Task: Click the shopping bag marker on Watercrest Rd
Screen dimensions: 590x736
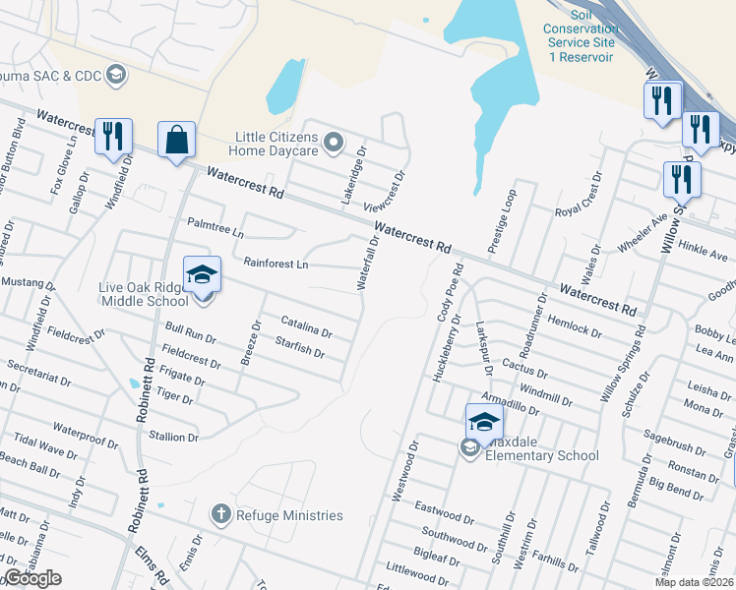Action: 176,140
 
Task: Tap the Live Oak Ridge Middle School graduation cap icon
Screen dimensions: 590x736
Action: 201,273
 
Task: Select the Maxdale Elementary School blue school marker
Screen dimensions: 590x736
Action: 484,422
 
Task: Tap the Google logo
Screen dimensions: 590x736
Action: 32,578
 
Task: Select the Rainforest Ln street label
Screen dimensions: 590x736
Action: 276,264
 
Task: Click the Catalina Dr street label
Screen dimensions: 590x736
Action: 307,326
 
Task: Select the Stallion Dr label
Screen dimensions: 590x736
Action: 173,437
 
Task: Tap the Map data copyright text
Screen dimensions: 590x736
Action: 695,582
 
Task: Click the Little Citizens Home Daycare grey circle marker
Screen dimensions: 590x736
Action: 334,144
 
